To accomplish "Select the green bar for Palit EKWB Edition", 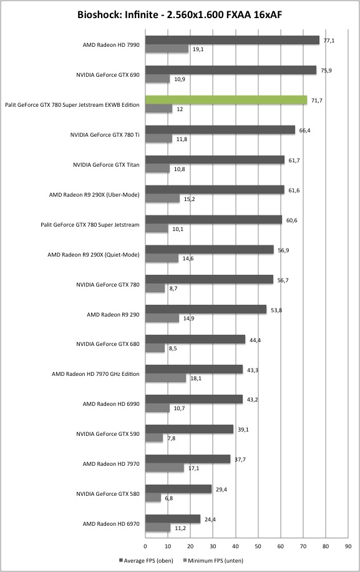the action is [x=226, y=100].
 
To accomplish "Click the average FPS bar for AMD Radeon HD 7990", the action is [x=232, y=40].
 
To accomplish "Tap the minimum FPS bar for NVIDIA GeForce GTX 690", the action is [x=157, y=79].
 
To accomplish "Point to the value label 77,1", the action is [x=329, y=41].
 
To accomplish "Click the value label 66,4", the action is [x=304, y=131].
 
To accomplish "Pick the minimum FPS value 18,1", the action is [x=196, y=378].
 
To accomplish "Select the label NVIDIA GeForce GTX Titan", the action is [x=106, y=164].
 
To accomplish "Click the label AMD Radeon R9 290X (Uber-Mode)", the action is [x=94, y=195].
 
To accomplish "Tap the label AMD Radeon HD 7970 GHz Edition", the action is [x=95, y=374].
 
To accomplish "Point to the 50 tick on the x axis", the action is [x=258, y=546].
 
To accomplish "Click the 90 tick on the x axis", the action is [x=348, y=546].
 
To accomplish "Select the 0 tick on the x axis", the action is [x=145, y=546].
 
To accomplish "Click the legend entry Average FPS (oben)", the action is [x=146, y=560].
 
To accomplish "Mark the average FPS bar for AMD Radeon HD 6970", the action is [x=173, y=519].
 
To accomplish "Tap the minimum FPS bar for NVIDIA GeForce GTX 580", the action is [x=153, y=498].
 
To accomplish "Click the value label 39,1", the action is [x=243, y=430].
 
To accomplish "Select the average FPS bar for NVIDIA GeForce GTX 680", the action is [x=195, y=339].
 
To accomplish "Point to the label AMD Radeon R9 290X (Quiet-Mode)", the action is [x=94, y=255].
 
